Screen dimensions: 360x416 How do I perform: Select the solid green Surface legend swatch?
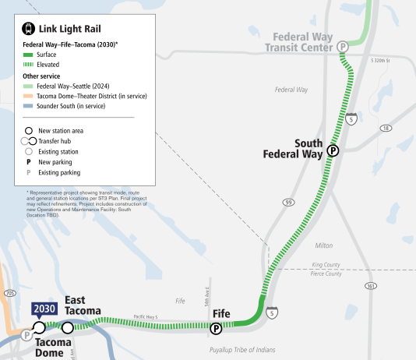[x=28, y=55]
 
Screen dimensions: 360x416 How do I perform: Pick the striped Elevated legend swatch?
[x=28, y=65]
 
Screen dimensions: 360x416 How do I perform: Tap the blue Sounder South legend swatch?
[x=28, y=106]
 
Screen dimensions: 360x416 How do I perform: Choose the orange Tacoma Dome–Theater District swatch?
[x=28, y=96]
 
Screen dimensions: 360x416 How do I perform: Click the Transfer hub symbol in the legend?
[x=30, y=141]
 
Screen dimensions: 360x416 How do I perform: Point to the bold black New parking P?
[x=29, y=162]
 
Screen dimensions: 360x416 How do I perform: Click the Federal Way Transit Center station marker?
[x=342, y=47]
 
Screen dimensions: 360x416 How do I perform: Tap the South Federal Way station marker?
[x=333, y=150]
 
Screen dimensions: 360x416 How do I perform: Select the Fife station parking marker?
[x=216, y=329]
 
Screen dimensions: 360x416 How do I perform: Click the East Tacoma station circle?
[x=68, y=328]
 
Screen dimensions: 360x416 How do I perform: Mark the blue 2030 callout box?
[x=44, y=309]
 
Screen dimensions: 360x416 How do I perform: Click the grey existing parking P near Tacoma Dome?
[x=27, y=335]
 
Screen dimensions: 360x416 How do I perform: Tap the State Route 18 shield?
[x=385, y=128]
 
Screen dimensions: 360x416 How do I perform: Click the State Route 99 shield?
[x=289, y=203]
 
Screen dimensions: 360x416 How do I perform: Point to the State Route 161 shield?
[x=371, y=287]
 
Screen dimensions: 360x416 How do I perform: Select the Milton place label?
[x=324, y=245]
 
